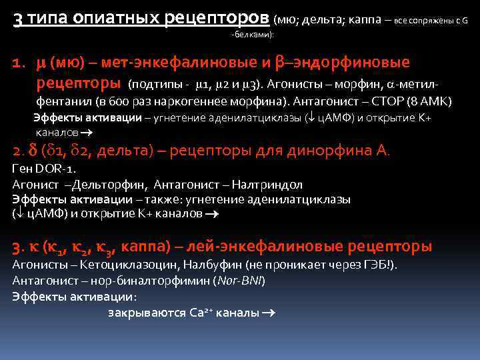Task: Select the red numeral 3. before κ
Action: [x=17, y=247]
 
